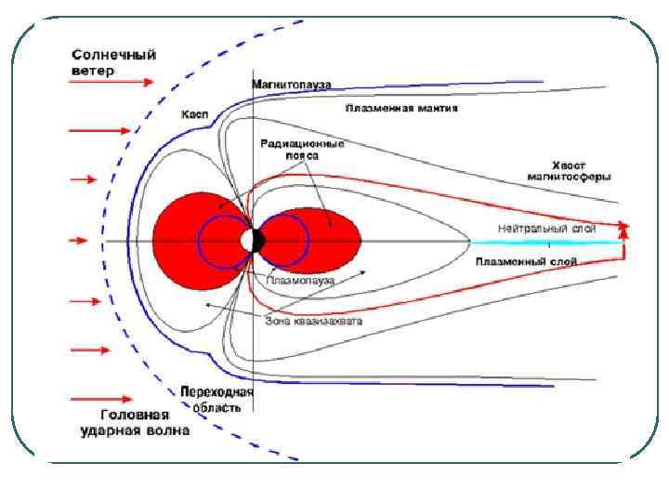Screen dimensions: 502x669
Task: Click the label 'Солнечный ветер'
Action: click(x=113, y=61)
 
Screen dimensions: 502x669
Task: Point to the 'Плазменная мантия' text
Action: click(x=401, y=108)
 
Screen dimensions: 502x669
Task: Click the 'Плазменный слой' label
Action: click(x=526, y=261)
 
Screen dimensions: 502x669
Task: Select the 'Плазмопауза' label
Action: click(x=300, y=279)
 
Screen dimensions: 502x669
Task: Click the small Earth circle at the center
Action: click(x=252, y=241)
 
